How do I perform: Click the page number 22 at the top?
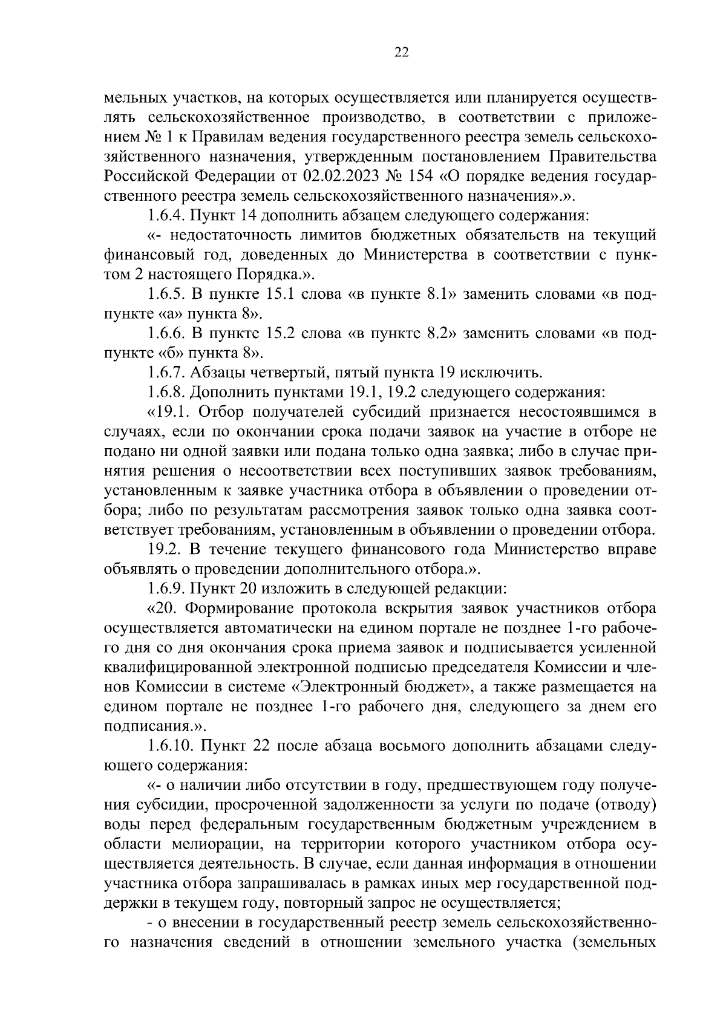[x=401, y=53]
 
